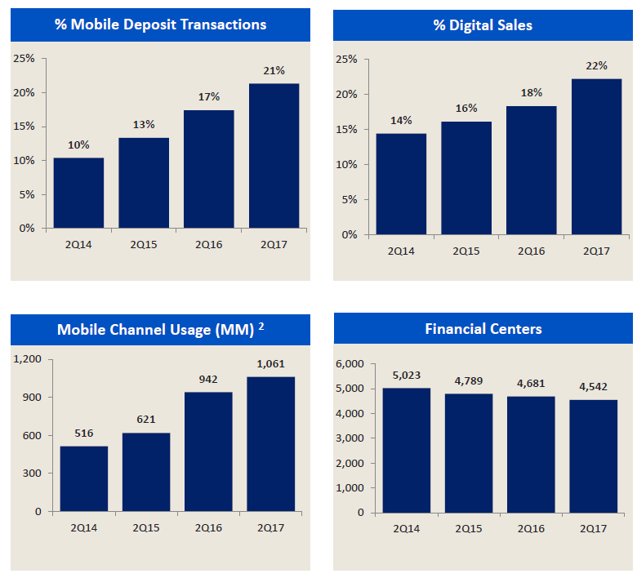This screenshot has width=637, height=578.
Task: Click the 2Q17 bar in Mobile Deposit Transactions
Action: click(x=274, y=155)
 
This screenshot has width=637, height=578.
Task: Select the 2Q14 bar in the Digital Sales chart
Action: click(x=401, y=184)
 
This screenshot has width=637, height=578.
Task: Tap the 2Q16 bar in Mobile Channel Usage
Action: click(x=209, y=451)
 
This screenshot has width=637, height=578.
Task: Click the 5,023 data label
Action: click(x=405, y=376)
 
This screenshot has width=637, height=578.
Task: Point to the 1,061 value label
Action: click(x=271, y=364)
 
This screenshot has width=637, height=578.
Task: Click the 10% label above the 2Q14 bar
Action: click(x=78, y=145)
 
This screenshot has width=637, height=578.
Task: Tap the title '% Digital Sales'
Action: click(x=483, y=25)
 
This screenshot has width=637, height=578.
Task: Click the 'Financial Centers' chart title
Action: click(x=483, y=329)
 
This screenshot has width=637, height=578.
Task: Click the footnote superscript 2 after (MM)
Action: click(x=261, y=326)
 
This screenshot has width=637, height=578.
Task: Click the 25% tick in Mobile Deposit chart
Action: click(x=24, y=59)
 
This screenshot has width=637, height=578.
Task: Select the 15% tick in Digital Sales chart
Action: click(x=347, y=130)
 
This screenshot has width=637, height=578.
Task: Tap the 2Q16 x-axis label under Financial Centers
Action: click(x=530, y=527)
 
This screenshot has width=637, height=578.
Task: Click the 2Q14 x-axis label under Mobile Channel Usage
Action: click(x=83, y=527)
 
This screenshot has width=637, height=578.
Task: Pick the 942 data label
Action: click(x=209, y=380)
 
